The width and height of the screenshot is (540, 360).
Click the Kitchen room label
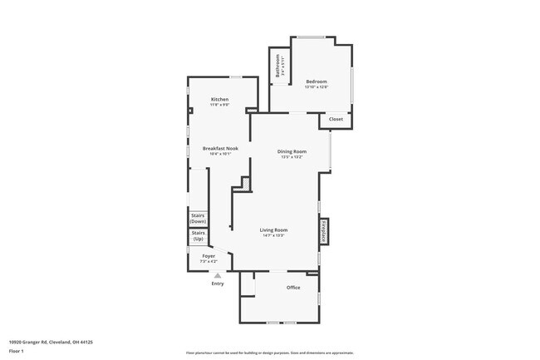pyautogui.click(x=219, y=99)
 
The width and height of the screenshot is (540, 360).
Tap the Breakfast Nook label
pyautogui.click(x=220, y=148)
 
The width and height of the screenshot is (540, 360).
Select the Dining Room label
pyautogui.click(x=292, y=151)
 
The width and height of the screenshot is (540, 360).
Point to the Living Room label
pyautogui.click(x=273, y=229)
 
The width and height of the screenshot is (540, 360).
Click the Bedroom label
pyautogui.click(x=316, y=81)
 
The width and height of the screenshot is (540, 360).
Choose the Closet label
pyautogui.click(x=336, y=119)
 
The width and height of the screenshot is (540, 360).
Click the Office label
pyautogui.click(x=293, y=288)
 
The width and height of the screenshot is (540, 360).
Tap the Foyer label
pyautogui.click(x=209, y=256)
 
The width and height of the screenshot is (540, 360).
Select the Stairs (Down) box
pyautogui.click(x=198, y=219)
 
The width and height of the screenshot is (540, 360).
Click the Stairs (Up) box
pyautogui.click(x=198, y=236)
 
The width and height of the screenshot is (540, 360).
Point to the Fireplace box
pyautogui.click(x=324, y=231)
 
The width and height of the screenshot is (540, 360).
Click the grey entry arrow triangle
pyautogui.click(x=218, y=274)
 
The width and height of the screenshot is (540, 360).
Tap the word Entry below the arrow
pyautogui.click(x=218, y=284)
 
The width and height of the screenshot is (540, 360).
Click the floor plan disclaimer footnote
pyautogui.click(x=269, y=353)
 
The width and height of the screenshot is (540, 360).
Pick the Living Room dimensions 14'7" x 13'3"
pyautogui.click(x=273, y=235)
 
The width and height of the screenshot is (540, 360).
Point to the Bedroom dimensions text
pyautogui.click(x=316, y=87)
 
